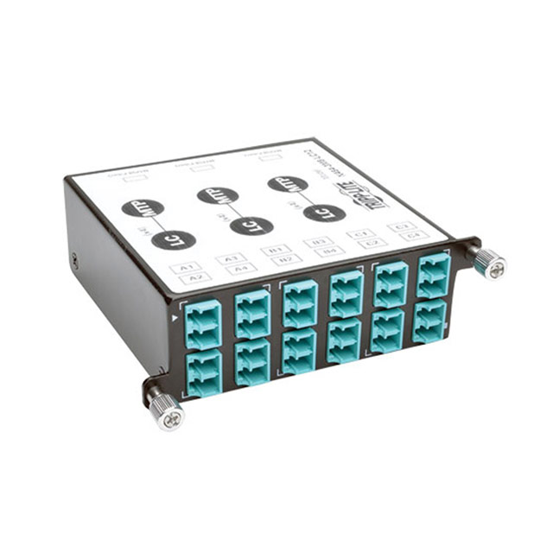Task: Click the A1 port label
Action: tap(186, 268)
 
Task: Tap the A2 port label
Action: tap(195, 278)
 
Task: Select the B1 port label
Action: tap(276, 250)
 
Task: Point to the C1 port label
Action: tap(359, 233)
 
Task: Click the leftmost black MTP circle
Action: tap(143, 207)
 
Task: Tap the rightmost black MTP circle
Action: tap(287, 184)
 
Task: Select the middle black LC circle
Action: tap(251, 226)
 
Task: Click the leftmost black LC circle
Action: tap(173, 240)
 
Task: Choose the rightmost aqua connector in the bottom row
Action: tap(429, 321)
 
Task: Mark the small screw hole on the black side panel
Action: tap(75, 259)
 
